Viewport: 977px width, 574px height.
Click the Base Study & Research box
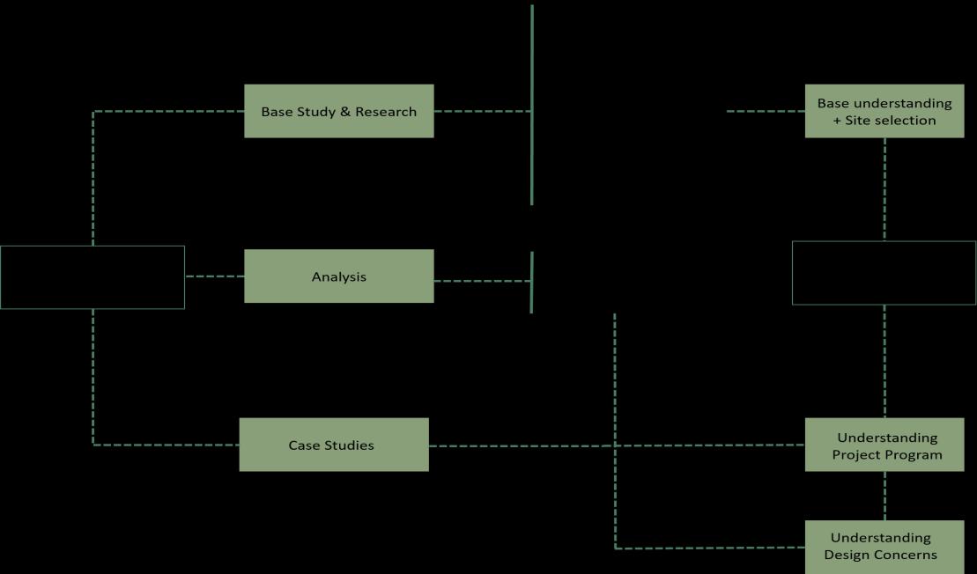(x=338, y=111)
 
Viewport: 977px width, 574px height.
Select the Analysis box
(x=338, y=276)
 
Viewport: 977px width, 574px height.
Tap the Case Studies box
(x=333, y=445)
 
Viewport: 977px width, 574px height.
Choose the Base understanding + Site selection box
(x=884, y=111)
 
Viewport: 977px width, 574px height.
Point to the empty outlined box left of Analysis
(x=93, y=277)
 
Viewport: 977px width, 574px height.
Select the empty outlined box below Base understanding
(x=884, y=273)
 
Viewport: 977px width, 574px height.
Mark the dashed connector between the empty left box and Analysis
(x=214, y=276)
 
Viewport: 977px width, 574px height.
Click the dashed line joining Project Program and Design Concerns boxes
(x=884, y=496)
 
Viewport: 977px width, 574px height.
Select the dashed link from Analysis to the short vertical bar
(x=482, y=281)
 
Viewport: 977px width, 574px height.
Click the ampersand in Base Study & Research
(x=344, y=112)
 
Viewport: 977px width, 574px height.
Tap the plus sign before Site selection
(x=837, y=120)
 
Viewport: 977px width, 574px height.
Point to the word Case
(x=303, y=445)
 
